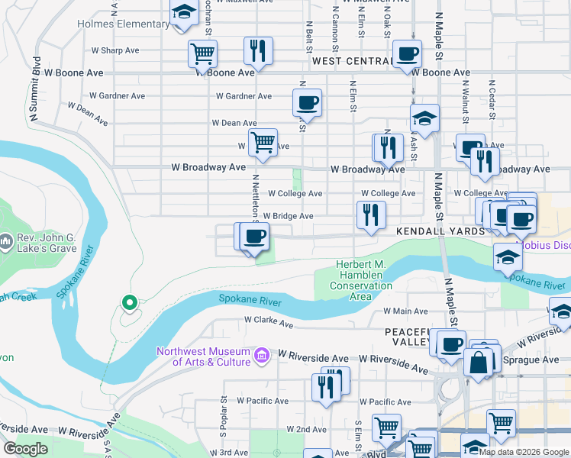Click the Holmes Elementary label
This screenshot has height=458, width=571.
click(x=123, y=24)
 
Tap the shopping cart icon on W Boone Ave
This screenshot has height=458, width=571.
click(x=203, y=54)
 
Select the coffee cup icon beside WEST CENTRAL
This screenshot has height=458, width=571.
click(x=407, y=54)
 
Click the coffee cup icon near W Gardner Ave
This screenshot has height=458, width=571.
click(x=307, y=102)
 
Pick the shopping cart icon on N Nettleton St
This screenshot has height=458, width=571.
click(x=263, y=142)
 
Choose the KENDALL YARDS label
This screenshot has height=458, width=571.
click(x=440, y=231)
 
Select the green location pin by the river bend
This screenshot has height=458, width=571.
click(x=130, y=303)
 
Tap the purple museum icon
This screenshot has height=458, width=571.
click(x=262, y=355)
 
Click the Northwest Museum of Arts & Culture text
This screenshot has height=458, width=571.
click(x=203, y=356)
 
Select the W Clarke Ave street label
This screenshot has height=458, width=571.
click(x=269, y=323)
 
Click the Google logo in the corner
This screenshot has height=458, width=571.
click(x=25, y=449)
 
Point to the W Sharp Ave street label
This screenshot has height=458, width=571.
click(x=115, y=50)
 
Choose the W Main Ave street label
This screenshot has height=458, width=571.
click(x=405, y=311)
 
